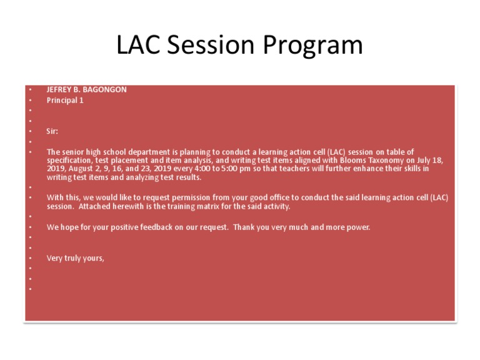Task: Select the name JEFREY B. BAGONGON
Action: (x=86, y=90)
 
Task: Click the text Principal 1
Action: (x=65, y=100)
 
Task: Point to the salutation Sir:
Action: (x=52, y=132)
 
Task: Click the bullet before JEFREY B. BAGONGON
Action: (x=29, y=90)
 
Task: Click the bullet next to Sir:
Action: (x=29, y=132)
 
